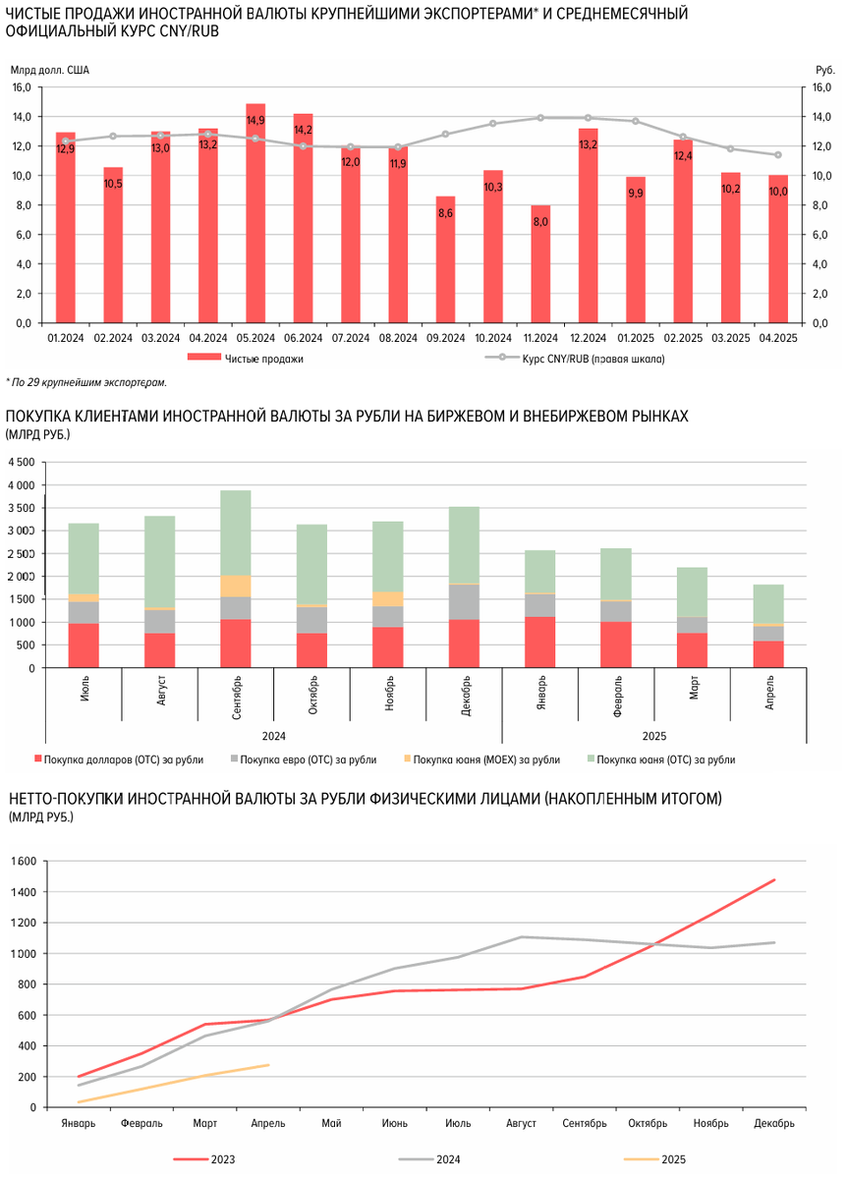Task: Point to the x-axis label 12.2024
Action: point(588,338)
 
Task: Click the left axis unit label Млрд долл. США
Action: point(49,70)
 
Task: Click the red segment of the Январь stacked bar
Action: point(539,643)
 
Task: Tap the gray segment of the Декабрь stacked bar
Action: point(464,601)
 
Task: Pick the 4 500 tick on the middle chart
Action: point(21,462)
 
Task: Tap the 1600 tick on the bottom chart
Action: point(21,862)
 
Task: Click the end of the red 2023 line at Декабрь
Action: point(774,880)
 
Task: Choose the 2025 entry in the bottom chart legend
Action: point(673,1159)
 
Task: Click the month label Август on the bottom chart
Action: point(521,1123)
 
